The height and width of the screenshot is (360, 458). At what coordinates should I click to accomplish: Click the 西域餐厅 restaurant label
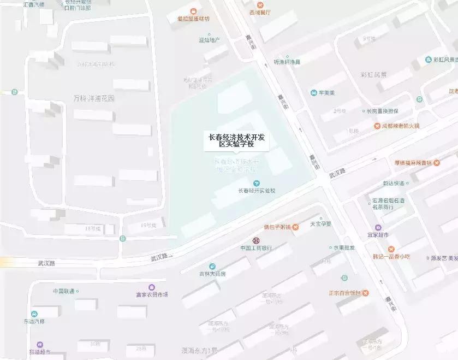pos(260,11)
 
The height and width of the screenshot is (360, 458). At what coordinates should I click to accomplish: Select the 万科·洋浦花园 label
pos(94,98)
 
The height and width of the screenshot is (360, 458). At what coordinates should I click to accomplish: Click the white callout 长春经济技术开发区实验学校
pos(236,140)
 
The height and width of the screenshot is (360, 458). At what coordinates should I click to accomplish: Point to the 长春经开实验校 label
pos(257,191)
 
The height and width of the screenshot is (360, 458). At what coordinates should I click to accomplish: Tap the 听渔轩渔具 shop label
pos(287,62)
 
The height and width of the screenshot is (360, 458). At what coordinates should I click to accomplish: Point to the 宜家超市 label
pos(378,235)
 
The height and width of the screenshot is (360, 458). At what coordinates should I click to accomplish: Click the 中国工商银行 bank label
pos(256,248)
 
